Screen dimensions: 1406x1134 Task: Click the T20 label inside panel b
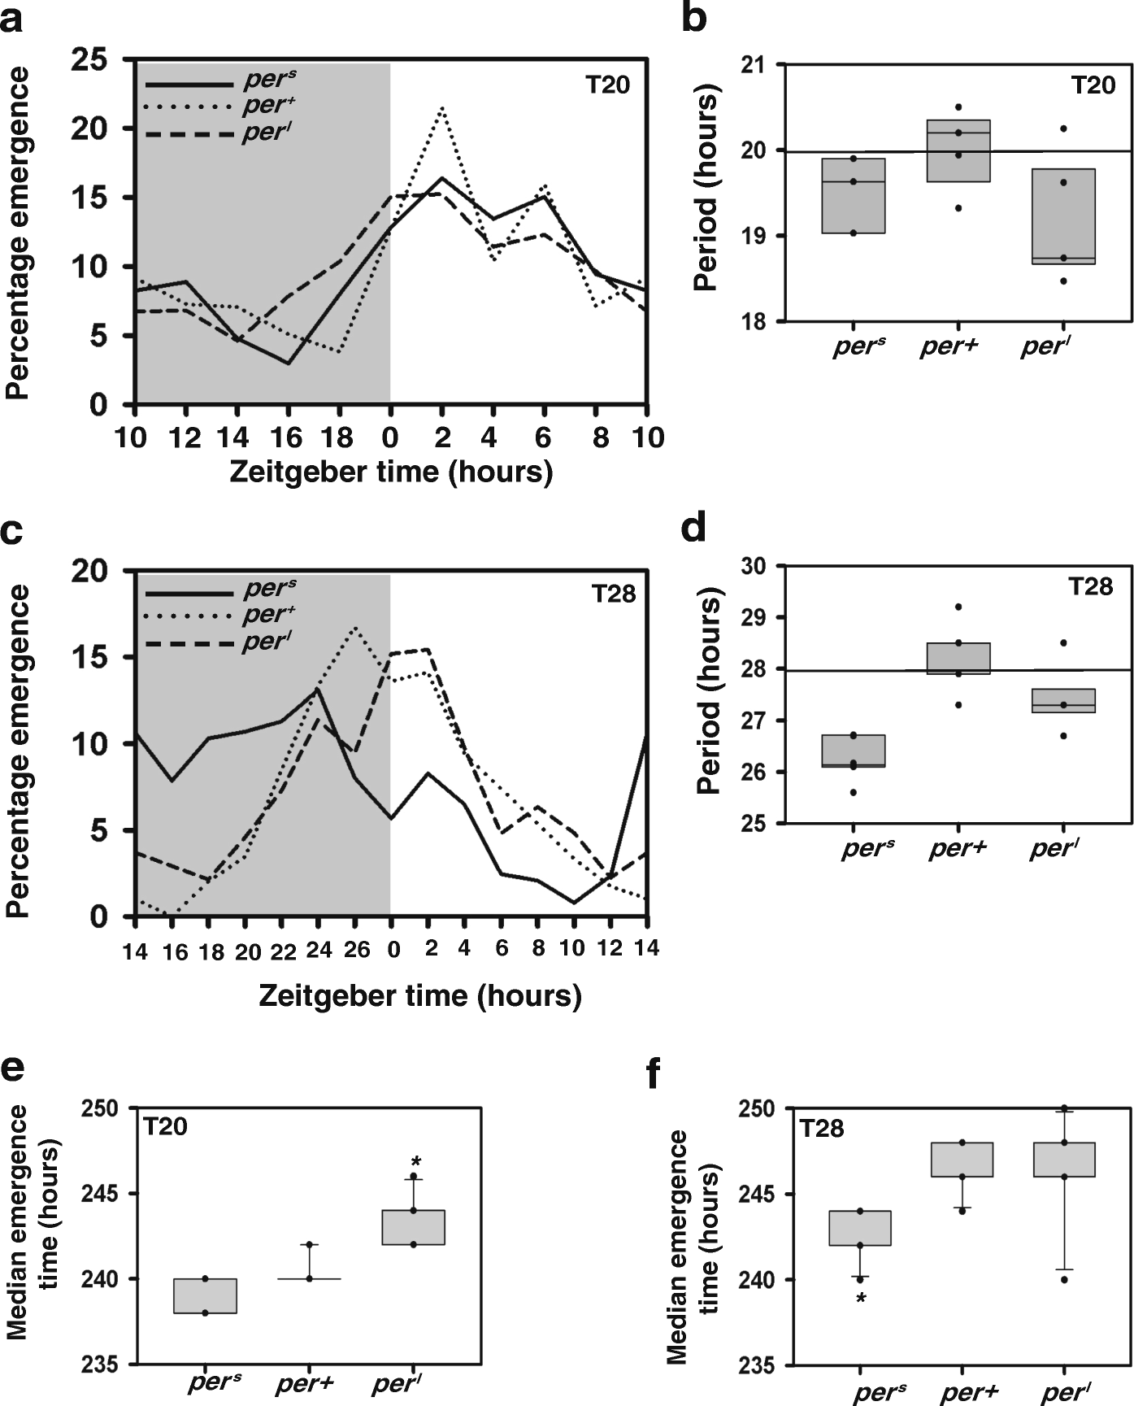click(1092, 85)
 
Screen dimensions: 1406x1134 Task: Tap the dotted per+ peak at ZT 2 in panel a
click(441, 107)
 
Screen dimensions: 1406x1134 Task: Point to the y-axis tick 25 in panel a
click(91, 59)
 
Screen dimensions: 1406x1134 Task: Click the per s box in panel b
click(853, 196)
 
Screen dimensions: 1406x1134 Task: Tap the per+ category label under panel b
click(949, 347)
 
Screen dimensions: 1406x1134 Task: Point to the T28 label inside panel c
click(613, 594)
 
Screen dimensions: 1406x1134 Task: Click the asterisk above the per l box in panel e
click(415, 1161)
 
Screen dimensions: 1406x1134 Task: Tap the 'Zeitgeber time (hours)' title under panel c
click(420, 995)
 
